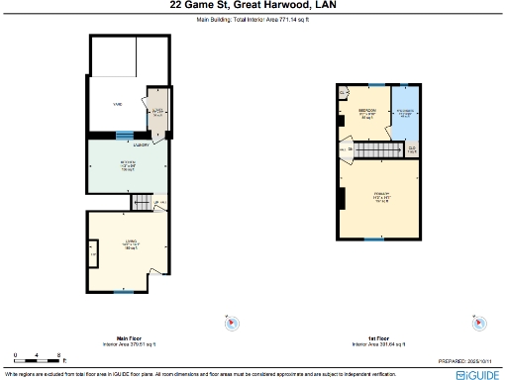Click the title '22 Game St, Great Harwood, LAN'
coord(253,6)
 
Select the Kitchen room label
coord(129,164)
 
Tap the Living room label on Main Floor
coord(129,246)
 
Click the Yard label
coord(116,102)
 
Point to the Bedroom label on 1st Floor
coord(365,113)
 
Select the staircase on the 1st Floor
coord(375,149)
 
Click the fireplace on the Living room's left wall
coord(93,257)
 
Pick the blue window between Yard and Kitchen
coord(124,137)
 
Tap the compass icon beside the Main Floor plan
coord(230,323)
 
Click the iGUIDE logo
coord(477,375)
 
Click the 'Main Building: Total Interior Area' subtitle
coord(253,19)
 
